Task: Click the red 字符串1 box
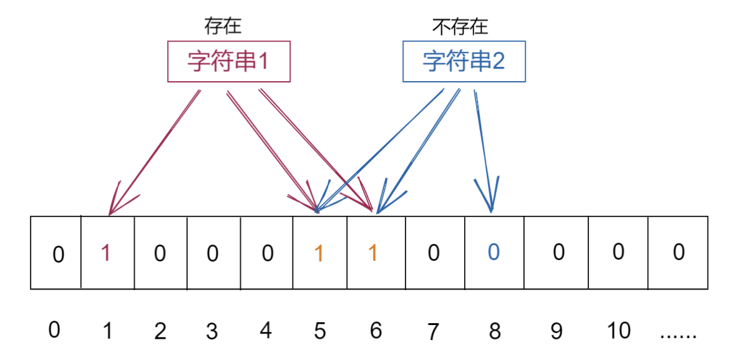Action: pos(229,61)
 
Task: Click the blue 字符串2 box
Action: pos(464,61)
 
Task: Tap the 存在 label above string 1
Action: pos(223,26)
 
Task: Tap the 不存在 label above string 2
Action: pos(460,26)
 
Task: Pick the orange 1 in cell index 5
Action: pos(319,253)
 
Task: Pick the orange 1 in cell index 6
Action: pos(373,253)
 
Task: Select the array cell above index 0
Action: pos(56,253)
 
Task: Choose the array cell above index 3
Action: pos(213,253)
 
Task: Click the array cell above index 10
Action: pos(618,253)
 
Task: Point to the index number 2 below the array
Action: pos(160,331)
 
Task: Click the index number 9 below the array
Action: pos(556,331)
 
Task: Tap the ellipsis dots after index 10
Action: pos(678,333)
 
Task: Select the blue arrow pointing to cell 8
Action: pos(484,150)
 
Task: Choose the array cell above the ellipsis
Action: pos(678,253)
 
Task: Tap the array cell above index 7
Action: pos(434,253)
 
